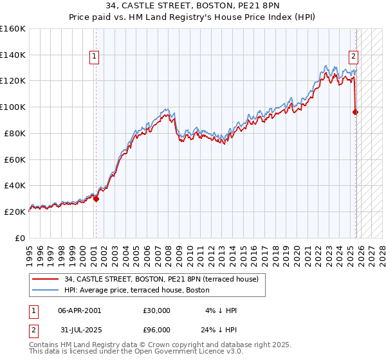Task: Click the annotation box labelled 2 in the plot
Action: pos(353,56)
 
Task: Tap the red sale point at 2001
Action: pos(96,199)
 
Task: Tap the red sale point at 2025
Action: pos(356,112)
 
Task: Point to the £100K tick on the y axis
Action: pos(13,107)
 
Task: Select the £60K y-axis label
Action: pos(15,159)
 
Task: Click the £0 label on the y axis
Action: pos(21,238)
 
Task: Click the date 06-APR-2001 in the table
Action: pos(79,310)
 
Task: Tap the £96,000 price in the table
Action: pos(156,331)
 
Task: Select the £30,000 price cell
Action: pos(156,310)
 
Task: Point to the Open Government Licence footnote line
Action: pos(136,352)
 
